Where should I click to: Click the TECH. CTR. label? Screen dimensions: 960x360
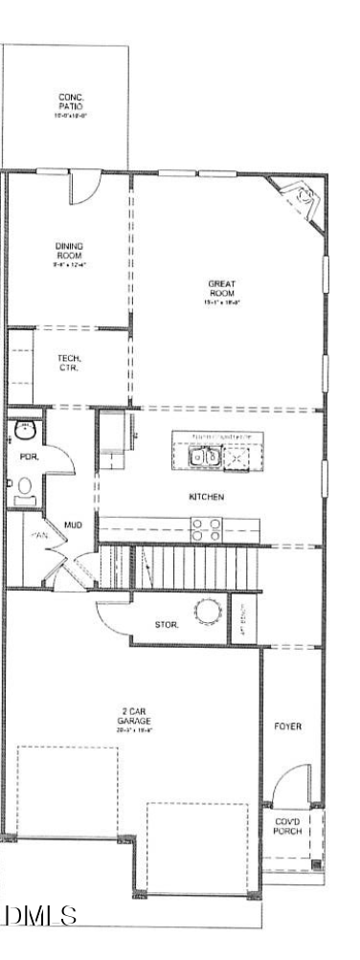69,362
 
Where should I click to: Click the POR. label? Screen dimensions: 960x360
30,458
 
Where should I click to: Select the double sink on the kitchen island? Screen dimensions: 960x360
209,458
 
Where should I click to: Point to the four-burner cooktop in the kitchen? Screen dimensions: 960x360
206,529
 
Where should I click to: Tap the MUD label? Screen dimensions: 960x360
73,525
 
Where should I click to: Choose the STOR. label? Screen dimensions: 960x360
168,624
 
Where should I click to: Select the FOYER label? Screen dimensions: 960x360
287,726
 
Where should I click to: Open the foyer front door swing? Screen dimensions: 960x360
287,790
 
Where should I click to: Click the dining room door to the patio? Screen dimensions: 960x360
84,186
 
